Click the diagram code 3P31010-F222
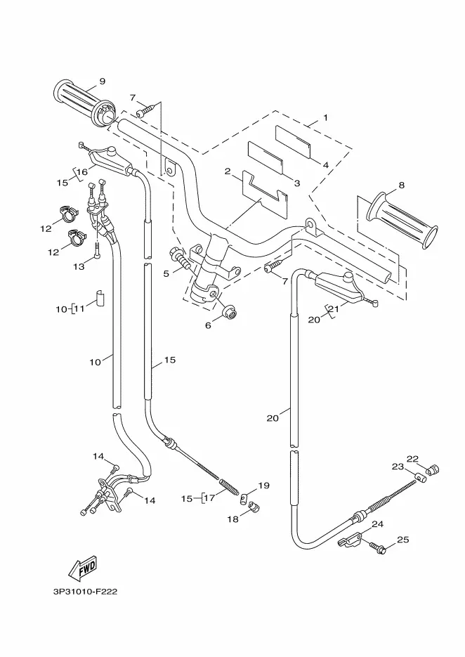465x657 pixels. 84,592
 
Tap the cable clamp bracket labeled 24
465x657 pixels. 351,540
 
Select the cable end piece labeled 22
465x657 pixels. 433,469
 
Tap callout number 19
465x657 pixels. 264,486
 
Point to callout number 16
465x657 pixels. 82,171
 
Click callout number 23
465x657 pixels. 398,467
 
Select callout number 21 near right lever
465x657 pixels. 335,308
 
